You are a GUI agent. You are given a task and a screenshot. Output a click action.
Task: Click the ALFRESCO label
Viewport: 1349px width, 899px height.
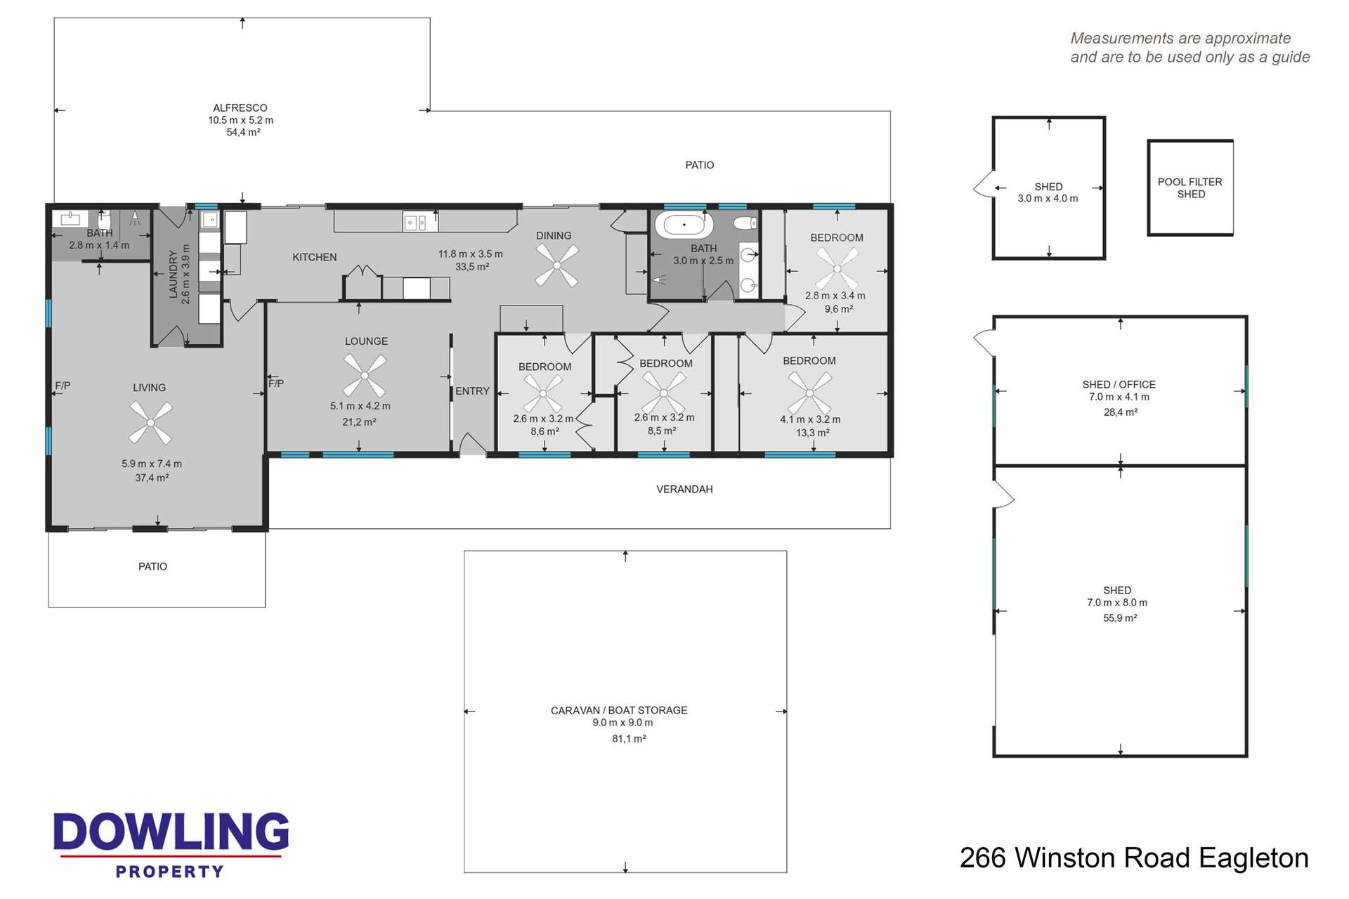[240, 107]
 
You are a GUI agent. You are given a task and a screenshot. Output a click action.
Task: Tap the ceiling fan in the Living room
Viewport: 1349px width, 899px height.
[150, 422]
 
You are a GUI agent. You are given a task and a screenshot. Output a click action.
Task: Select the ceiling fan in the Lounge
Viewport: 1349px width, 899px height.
[364, 375]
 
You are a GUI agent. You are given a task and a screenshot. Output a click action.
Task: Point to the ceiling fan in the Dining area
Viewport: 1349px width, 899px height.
[556, 265]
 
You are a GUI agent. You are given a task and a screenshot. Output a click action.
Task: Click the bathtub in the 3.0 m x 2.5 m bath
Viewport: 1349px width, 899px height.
[684, 225]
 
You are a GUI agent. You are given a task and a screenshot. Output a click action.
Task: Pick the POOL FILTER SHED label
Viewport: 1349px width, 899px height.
[1190, 188]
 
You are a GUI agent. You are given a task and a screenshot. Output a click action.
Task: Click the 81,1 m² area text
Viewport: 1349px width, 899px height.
[629, 738]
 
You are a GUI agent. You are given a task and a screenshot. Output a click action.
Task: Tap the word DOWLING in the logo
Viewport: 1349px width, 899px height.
[171, 832]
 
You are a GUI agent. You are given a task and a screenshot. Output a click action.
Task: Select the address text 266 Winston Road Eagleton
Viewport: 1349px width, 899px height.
[1133, 858]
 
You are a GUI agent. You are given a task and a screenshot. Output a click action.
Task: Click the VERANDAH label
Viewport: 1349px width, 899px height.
[684, 489]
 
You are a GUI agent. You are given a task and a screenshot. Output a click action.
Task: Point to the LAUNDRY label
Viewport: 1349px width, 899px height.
[174, 275]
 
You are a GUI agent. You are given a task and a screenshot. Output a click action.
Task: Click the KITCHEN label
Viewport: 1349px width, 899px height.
[314, 257]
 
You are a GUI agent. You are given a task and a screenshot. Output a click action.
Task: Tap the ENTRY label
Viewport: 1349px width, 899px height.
[472, 391]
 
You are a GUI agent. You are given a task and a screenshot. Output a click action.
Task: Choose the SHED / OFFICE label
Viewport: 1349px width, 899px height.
[1119, 384]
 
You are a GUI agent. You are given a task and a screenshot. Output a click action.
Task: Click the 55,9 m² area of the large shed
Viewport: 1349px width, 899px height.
[1120, 618]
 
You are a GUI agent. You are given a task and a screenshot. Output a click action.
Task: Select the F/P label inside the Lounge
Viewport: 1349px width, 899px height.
[276, 383]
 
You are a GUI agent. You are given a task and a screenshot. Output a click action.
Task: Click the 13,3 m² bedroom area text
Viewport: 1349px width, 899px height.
[812, 433]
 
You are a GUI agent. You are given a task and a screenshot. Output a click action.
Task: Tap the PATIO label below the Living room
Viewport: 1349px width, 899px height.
[152, 566]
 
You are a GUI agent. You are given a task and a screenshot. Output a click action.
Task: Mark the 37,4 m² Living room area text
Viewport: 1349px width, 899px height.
[152, 478]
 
